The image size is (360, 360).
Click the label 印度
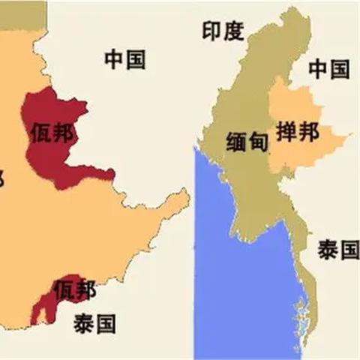coord(223,31)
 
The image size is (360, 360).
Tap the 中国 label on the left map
coord(125,59)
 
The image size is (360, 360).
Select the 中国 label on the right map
coord(329,70)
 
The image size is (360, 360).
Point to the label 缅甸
coord(247,141)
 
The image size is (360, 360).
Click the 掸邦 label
coord(298,133)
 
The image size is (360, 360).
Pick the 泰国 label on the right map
coord(337,250)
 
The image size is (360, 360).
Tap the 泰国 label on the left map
coord(94,323)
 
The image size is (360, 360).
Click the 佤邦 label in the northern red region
coord(52,133)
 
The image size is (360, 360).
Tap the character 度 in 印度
coord(234,31)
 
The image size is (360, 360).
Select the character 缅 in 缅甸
coord(237,141)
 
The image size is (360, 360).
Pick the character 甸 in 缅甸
coord(258,141)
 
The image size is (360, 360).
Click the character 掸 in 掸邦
coord(287,133)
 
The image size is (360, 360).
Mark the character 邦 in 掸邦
coord(308,133)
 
